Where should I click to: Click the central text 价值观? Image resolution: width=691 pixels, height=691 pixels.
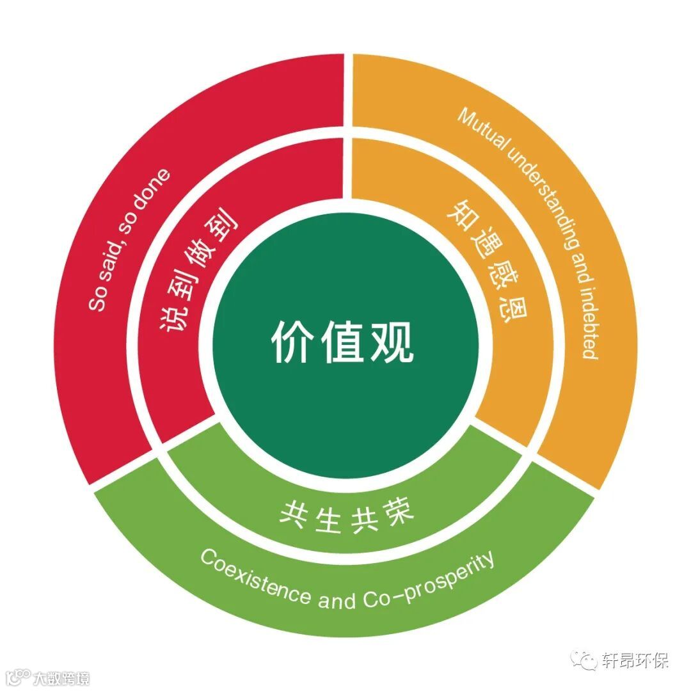[x=343, y=340]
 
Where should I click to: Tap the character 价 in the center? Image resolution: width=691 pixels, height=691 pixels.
[x=291, y=340]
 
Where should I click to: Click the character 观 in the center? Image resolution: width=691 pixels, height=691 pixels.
[x=394, y=340]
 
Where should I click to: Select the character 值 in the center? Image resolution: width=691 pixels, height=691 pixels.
[x=343, y=340]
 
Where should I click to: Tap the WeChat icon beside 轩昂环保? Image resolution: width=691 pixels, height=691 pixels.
[x=585, y=660]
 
